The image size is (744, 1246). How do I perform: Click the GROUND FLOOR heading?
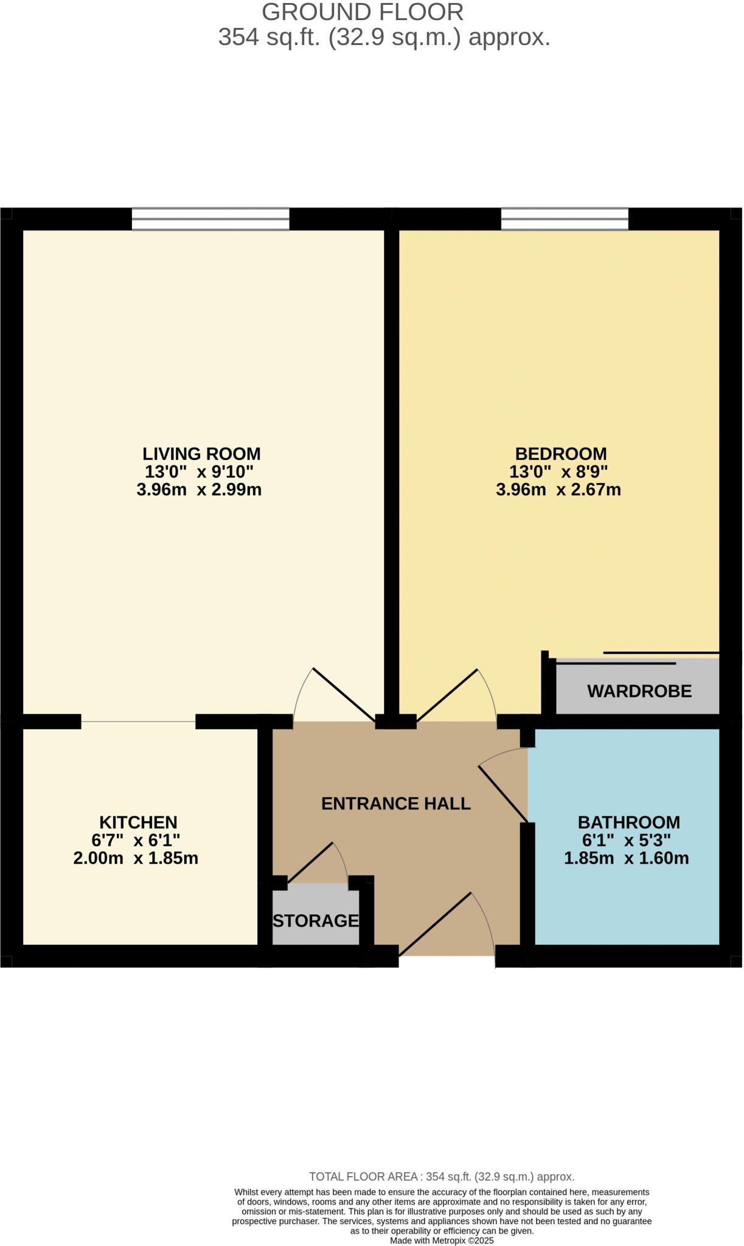(x=363, y=12)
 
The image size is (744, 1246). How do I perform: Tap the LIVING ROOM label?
(x=201, y=454)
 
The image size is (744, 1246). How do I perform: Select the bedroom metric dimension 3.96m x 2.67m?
(x=558, y=490)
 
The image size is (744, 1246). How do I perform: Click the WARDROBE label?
(x=639, y=691)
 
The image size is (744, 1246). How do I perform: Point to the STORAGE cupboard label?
(x=316, y=921)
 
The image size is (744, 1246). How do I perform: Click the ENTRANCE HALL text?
(x=395, y=804)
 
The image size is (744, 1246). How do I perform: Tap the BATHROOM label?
(x=628, y=823)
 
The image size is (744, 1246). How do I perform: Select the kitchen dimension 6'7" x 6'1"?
(x=136, y=840)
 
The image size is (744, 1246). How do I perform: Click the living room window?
(x=210, y=220)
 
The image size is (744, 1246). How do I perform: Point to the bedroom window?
(x=565, y=220)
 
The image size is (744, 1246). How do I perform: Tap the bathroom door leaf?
(x=503, y=794)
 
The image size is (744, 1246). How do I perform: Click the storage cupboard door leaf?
(x=310, y=863)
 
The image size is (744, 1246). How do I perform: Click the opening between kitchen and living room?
(x=139, y=722)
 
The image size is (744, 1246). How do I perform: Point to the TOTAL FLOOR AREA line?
(x=442, y=1177)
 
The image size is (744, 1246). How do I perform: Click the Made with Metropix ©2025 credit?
(x=442, y=1241)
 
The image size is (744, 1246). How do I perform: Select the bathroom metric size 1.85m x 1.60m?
(x=626, y=858)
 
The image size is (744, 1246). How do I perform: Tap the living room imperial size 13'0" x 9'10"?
(x=198, y=472)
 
